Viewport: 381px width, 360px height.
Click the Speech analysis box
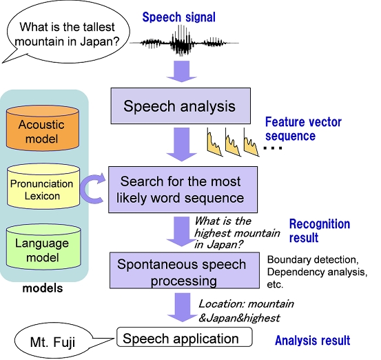click(x=181, y=106)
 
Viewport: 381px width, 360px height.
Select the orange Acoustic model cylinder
click(x=43, y=128)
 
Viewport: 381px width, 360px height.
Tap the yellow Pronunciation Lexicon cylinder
click(x=43, y=186)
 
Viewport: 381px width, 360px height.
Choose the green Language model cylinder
click(x=43, y=247)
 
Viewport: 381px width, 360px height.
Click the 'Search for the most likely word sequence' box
click(x=183, y=190)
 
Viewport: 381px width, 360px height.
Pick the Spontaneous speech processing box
click(x=185, y=270)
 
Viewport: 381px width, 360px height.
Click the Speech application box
click(x=185, y=337)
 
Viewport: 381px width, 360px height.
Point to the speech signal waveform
click(x=184, y=43)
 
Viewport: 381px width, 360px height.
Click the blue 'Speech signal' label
click(x=179, y=17)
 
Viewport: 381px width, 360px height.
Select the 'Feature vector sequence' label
click(x=303, y=129)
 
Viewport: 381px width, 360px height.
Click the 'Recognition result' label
click(x=320, y=230)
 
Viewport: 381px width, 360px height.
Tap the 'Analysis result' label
click(x=313, y=341)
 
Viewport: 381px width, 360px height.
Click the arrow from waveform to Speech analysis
click(x=181, y=71)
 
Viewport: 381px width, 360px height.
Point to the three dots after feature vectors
click(x=273, y=148)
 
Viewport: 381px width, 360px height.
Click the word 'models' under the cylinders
click(x=43, y=288)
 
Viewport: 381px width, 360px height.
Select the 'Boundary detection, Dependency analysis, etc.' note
click(x=317, y=272)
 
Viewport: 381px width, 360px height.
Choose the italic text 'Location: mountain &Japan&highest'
click(x=246, y=311)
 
